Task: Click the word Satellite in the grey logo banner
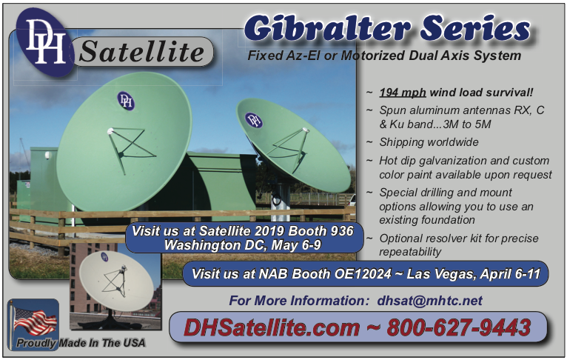pyautogui.click(x=142, y=51)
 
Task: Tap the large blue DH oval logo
pyautogui.click(x=45, y=42)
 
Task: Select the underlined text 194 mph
pyautogui.click(x=403, y=93)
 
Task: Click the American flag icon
pyautogui.click(x=35, y=321)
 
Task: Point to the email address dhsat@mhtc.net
pyautogui.click(x=429, y=301)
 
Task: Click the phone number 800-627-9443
pyautogui.click(x=458, y=328)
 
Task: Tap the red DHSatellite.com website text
pyautogui.click(x=272, y=328)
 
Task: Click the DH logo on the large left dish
pyautogui.click(x=126, y=101)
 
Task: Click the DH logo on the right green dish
pyautogui.click(x=253, y=120)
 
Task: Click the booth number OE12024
pyautogui.click(x=363, y=274)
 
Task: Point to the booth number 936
pyautogui.click(x=341, y=231)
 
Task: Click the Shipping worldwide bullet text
pyautogui.click(x=429, y=142)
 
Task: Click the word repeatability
pyautogui.click(x=410, y=252)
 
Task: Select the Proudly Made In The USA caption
pyautogui.click(x=81, y=343)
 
